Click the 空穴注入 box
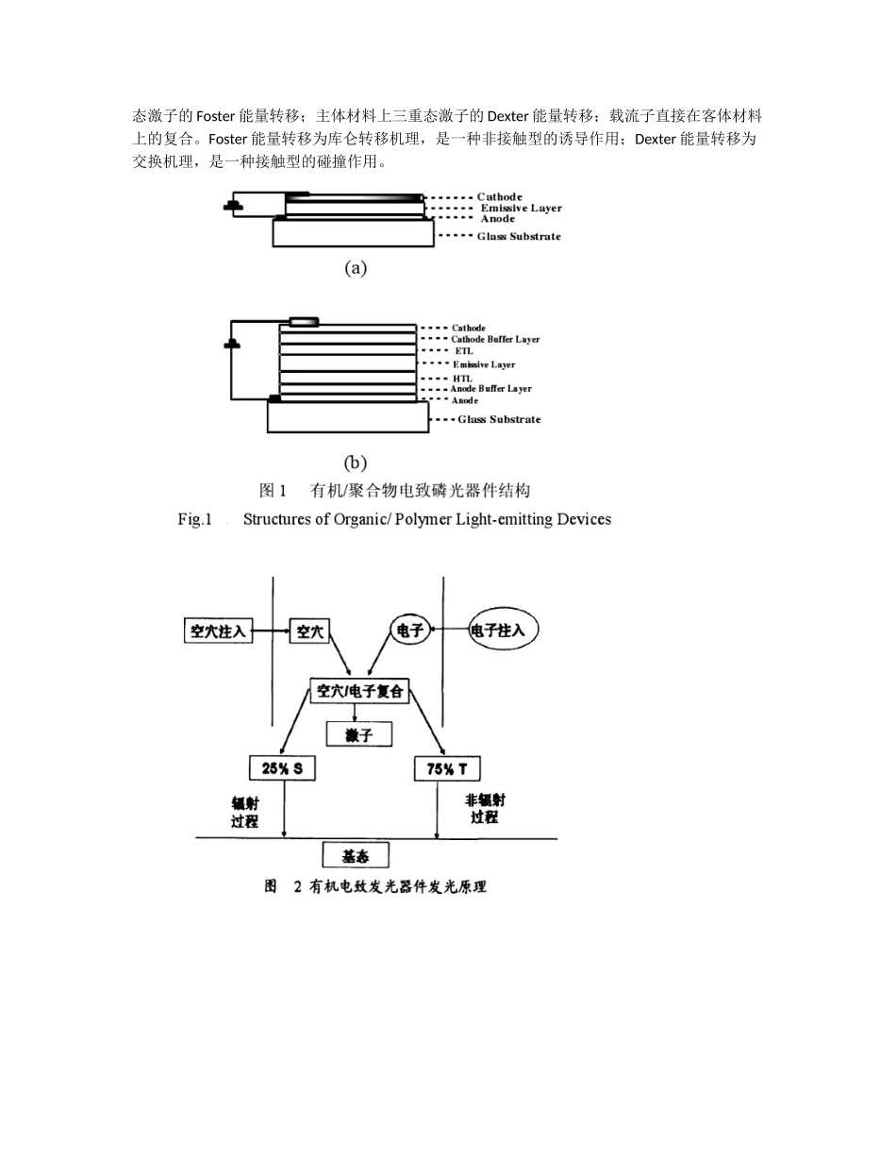[x=217, y=631]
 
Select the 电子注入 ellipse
[x=504, y=630]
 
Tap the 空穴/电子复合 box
[x=360, y=691]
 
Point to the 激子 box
[x=358, y=733]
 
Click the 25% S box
[x=282, y=768]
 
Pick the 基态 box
[x=356, y=855]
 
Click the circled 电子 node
[x=410, y=631]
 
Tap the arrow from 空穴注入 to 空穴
[x=271, y=631]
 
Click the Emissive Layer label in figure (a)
[x=521, y=208]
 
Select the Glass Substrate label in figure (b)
[x=499, y=419]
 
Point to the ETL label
[x=464, y=351]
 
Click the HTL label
[x=463, y=378]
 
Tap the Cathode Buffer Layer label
[x=495, y=339]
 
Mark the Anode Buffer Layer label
[x=490, y=389]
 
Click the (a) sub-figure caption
[x=355, y=268]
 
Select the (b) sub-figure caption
[x=355, y=463]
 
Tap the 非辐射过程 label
[x=485, y=808]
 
